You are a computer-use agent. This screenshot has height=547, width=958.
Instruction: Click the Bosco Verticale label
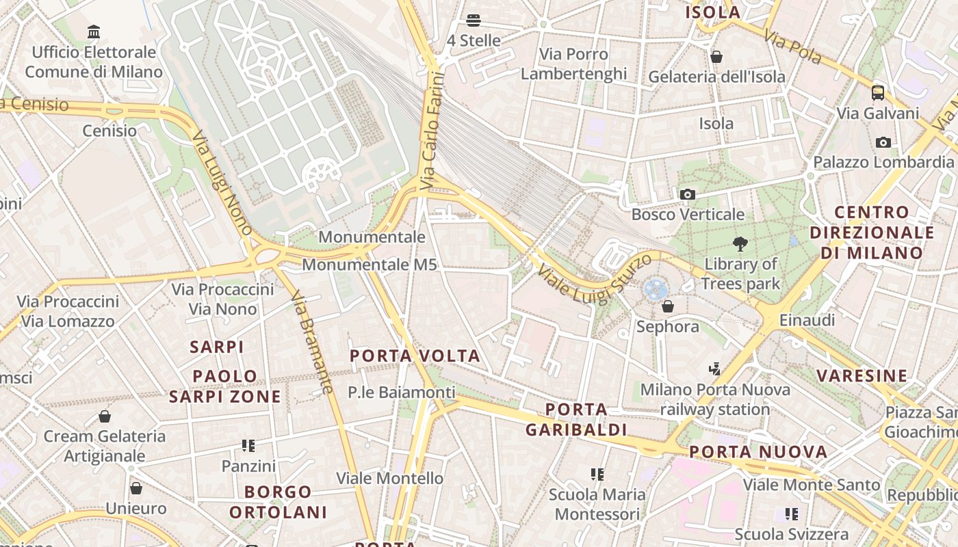[x=688, y=215]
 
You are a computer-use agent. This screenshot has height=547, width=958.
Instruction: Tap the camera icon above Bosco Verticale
[x=688, y=195]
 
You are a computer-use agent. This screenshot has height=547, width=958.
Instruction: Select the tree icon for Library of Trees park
[x=740, y=243]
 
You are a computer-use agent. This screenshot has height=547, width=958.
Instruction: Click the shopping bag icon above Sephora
[x=668, y=306]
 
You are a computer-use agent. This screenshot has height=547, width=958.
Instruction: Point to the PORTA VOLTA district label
[x=415, y=356]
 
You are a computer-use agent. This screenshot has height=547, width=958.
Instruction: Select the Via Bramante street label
[x=312, y=343]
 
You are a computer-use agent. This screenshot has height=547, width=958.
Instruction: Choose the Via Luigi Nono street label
[x=223, y=183]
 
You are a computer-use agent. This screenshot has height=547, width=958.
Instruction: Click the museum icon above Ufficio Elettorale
[x=94, y=31]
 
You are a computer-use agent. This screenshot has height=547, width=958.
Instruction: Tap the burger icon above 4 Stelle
[x=474, y=21]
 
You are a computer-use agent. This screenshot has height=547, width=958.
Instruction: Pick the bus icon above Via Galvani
[x=878, y=93]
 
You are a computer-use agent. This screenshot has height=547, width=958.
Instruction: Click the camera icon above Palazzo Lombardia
[x=883, y=142]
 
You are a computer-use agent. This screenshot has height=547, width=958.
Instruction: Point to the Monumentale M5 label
[x=369, y=265]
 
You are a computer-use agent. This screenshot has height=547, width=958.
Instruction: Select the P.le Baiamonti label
[x=401, y=392]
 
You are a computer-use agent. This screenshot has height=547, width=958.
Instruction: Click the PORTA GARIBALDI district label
[x=576, y=420]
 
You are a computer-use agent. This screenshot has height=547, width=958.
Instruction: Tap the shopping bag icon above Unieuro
[x=136, y=488]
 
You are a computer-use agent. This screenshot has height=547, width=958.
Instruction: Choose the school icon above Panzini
[x=248, y=446]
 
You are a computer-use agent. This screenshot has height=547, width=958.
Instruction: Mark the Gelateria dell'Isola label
[x=716, y=77]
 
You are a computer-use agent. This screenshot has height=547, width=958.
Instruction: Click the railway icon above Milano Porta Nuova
[x=715, y=369]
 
